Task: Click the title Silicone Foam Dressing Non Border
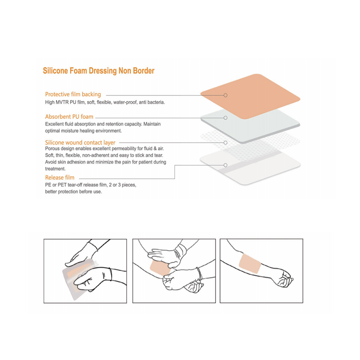pos(99,71)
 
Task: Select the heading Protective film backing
pos(73,94)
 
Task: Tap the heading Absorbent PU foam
pos(69,117)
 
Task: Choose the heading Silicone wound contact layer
pos(80,142)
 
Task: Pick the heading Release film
pos(60,177)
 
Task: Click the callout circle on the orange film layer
pos(225,95)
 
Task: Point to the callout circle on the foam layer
pos(225,118)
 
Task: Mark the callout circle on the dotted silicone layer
pos(225,143)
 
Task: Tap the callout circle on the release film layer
pos(225,165)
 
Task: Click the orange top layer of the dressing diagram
pos(250,96)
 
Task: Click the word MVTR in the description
pos(62,102)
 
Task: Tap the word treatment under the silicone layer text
pos(55,169)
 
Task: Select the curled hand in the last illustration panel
pos(284,279)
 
